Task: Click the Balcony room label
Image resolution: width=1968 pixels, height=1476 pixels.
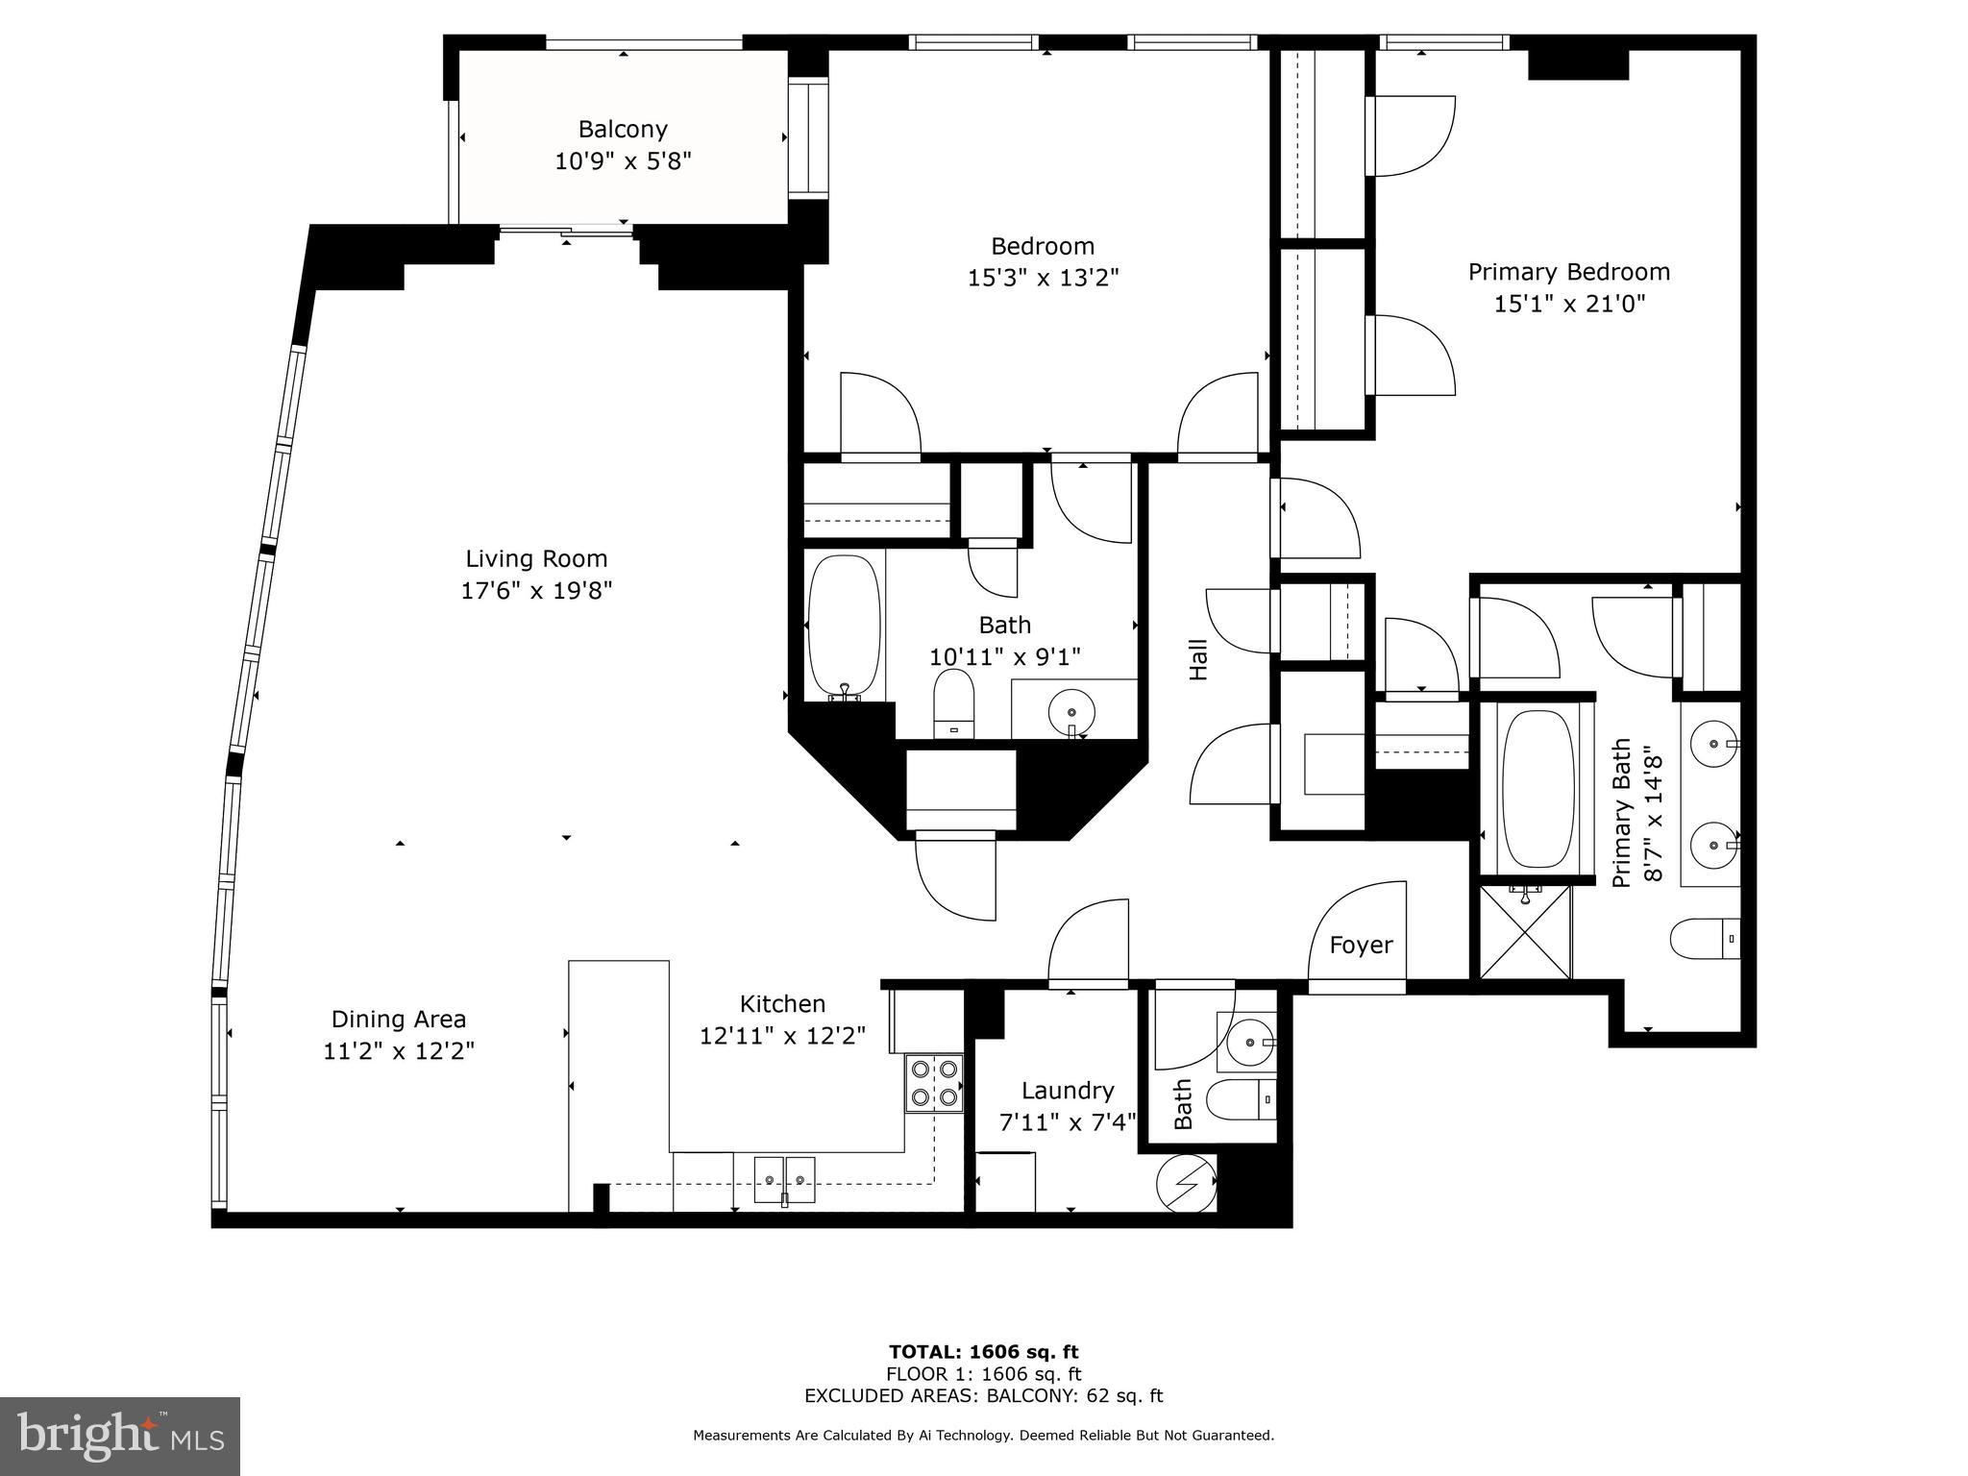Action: click(x=623, y=129)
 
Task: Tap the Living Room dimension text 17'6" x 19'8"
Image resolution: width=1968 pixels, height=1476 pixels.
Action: click(x=536, y=590)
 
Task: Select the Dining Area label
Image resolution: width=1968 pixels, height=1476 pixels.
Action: click(x=399, y=1019)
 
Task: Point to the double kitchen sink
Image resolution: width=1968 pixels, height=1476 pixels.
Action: click(x=784, y=1180)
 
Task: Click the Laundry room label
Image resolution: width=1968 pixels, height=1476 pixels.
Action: click(x=1068, y=1091)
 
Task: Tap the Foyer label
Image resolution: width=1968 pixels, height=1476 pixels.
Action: click(x=1361, y=946)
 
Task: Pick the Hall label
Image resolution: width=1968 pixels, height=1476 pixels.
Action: click(x=1198, y=660)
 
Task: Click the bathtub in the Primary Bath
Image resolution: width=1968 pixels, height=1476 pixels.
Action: click(x=1537, y=790)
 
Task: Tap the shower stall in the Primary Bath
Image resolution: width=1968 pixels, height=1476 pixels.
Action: click(x=1525, y=931)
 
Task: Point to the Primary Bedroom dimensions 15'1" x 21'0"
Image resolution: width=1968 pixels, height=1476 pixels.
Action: click(x=1569, y=305)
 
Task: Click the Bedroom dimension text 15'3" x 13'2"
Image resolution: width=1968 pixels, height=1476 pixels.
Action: click(x=1043, y=279)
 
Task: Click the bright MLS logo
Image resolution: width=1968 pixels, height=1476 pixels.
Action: click(x=120, y=1437)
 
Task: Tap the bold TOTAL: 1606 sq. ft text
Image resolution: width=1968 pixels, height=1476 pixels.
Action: click(x=984, y=1352)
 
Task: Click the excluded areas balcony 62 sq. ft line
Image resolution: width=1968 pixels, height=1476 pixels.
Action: click(x=984, y=1396)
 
